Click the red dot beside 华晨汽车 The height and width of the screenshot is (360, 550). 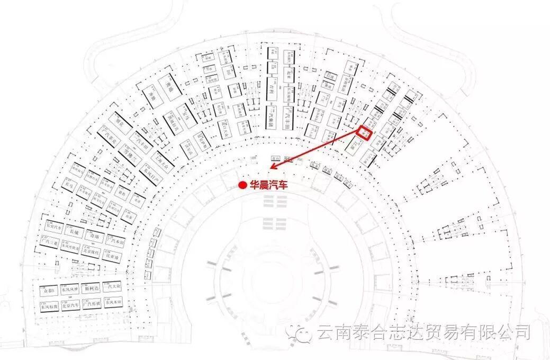(241, 185)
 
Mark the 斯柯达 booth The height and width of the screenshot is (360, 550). (93, 290)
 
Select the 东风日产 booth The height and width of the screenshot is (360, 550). (148, 171)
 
